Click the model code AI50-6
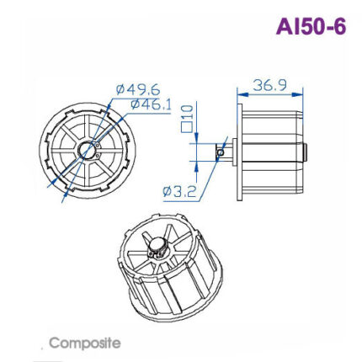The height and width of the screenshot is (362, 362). (x=310, y=26)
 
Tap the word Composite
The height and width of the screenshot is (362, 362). (x=84, y=343)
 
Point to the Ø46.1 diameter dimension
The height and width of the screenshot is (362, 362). (x=152, y=104)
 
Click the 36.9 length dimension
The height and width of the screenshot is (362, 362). (x=270, y=85)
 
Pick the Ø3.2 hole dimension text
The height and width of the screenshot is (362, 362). (x=179, y=191)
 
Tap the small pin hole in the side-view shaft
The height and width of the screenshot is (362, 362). (x=221, y=153)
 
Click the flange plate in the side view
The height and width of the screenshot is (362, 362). (x=240, y=152)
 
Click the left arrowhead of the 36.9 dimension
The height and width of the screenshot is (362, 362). (x=242, y=93)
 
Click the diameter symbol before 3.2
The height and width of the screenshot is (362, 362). (x=167, y=192)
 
